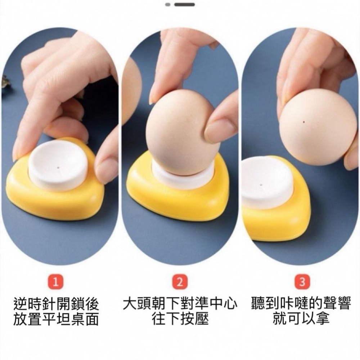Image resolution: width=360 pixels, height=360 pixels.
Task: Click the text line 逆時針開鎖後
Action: [x=56, y=304]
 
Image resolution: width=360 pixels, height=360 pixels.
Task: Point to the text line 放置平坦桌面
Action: [x=56, y=319]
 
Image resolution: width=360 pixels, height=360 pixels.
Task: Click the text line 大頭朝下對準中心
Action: [x=180, y=304]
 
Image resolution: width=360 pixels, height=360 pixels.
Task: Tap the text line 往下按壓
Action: [x=180, y=319]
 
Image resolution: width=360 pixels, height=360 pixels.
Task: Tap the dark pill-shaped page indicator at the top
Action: [x=185, y=4]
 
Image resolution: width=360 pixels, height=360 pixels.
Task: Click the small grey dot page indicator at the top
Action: [x=168, y=4]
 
